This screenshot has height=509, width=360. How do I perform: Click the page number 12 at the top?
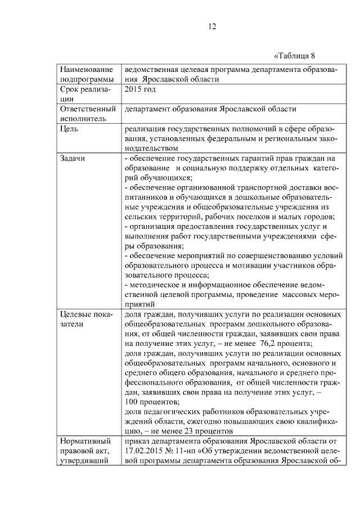tap(212, 26)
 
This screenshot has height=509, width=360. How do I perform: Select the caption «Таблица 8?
tap(295, 55)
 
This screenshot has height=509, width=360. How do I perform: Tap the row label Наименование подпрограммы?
tap(84, 74)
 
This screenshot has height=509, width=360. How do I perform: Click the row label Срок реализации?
tap(84, 94)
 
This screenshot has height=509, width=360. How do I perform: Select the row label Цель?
tap(69, 129)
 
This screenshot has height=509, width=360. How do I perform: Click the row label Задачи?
tap(73, 159)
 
